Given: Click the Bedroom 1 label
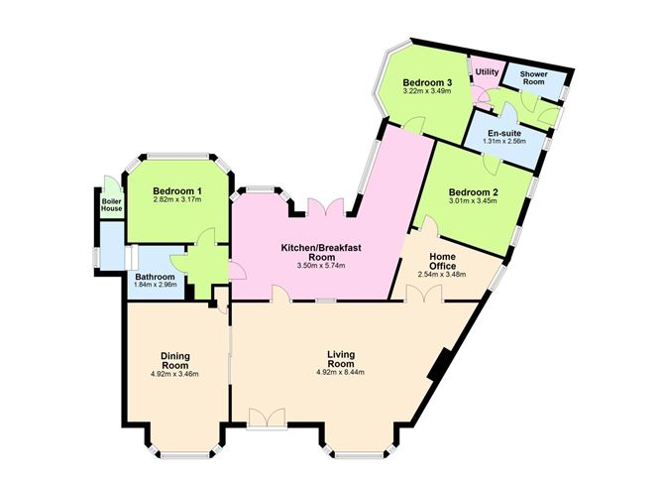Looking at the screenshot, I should pyautogui.click(x=177, y=190).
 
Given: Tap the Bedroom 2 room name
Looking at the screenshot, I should pyautogui.click(x=472, y=191).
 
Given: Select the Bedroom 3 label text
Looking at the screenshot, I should pyautogui.click(x=427, y=82).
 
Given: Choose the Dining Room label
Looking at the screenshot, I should pyautogui.click(x=174, y=359).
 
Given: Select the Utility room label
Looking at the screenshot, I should pyautogui.click(x=487, y=72).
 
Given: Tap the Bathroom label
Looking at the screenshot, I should pyautogui.click(x=154, y=277).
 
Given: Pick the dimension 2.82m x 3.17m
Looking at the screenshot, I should pyautogui.click(x=177, y=200).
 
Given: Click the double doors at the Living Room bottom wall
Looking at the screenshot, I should pyautogui.click(x=265, y=417).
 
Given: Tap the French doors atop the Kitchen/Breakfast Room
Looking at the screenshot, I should pyautogui.click(x=325, y=208).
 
